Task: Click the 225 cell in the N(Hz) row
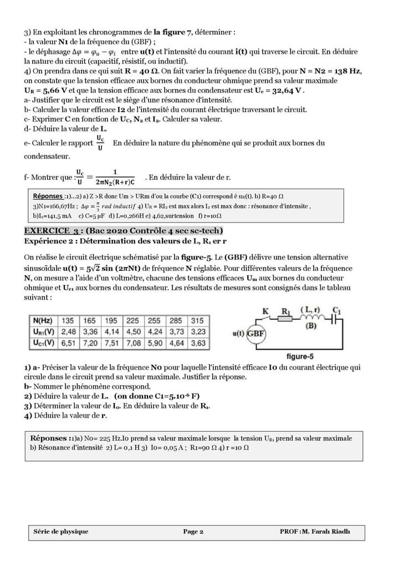point(133,321)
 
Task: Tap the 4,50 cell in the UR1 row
point(133,332)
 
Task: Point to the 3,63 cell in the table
point(197,343)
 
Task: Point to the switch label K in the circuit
point(266,311)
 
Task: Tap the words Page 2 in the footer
point(193,531)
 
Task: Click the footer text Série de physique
point(61,531)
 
